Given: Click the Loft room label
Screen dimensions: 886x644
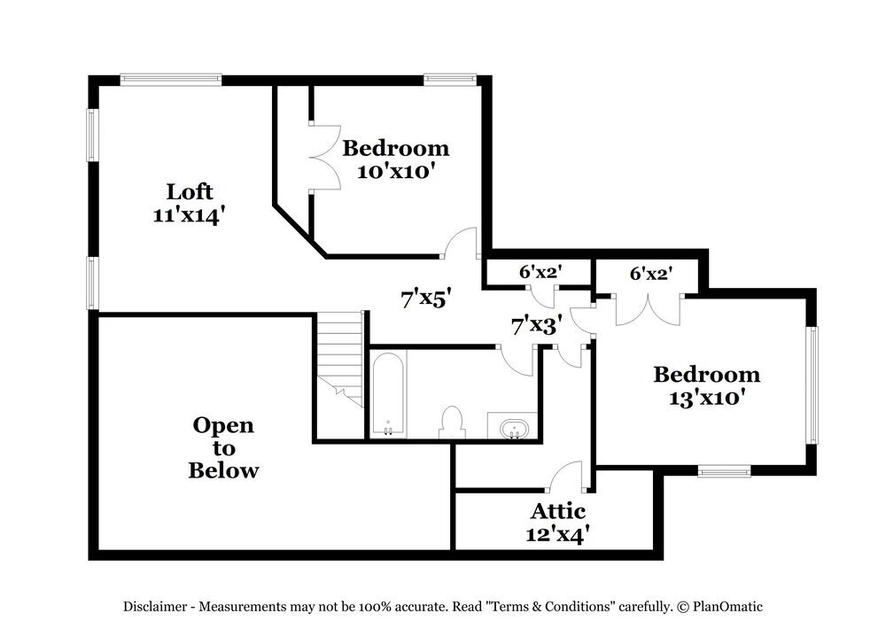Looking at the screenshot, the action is pyautogui.click(x=190, y=191).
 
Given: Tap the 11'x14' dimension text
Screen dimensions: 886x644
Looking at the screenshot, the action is pyautogui.click(x=190, y=215).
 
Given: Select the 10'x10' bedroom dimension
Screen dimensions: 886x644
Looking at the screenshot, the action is pyautogui.click(x=395, y=171).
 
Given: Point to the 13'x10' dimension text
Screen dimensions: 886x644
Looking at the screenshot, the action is pyautogui.click(x=705, y=398).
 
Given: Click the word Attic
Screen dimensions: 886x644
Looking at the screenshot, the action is pyautogui.click(x=558, y=511).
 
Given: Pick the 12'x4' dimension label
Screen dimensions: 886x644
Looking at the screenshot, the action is pyautogui.click(x=558, y=534).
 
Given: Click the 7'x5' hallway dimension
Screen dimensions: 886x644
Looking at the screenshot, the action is pyautogui.click(x=426, y=299).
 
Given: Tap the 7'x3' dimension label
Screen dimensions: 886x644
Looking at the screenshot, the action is pyautogui.click(x=537, y=326).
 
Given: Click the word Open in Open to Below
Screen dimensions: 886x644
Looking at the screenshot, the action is pyautogui.click(x=223, y=426).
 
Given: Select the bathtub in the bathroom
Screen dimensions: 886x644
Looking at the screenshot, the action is pyautogui.click(x=389, y=395).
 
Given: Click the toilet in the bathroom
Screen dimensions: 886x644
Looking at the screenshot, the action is pyautogui.click(x=452, y=422).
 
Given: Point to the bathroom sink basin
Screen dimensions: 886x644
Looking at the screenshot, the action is pyautogui.click(x=514, y=429).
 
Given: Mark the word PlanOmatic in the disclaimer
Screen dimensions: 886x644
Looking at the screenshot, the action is pyautogui.click(x=727, y=608).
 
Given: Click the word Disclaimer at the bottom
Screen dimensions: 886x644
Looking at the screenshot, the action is pyautogui.click(x=155, y=608).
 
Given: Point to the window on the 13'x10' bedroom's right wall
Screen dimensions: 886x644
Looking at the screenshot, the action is pyautogui.click(x=812, y=385).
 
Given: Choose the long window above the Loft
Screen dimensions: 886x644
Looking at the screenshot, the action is pyautogui.click(x=171, y=80).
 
